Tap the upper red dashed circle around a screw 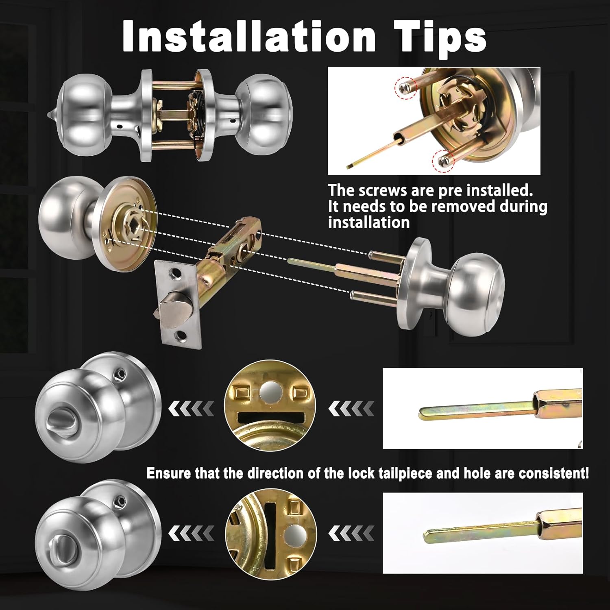tap(405, 87)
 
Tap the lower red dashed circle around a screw tap(443, 160)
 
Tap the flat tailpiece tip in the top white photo tap(350, 166)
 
